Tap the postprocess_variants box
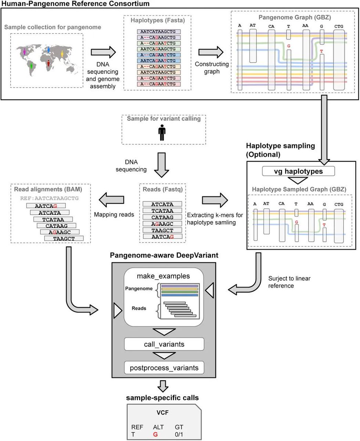pos(164,367)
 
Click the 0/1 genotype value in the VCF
pos(179,434)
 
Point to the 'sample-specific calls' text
pos(164,398)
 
